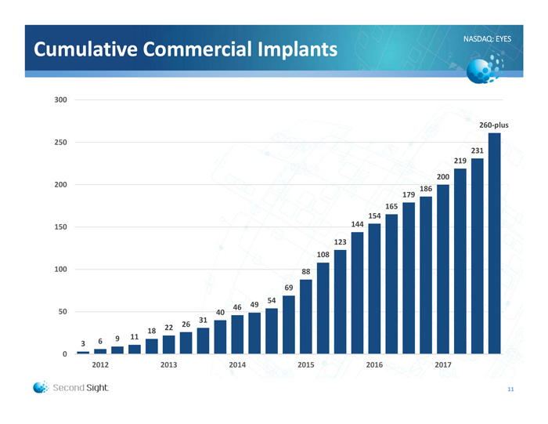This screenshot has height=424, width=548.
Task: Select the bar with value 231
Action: [477, 256]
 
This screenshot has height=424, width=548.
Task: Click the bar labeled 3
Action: [83, 353]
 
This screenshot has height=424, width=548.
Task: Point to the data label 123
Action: [340, 242]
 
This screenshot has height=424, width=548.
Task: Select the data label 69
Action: [289, 288]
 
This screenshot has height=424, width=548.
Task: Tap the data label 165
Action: [391, 206]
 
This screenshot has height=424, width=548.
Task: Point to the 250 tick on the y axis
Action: [59, 143]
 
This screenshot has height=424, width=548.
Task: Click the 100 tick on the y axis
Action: [59, 270]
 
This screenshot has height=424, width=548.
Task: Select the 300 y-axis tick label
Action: [59, 100]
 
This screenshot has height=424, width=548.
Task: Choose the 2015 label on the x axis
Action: [306, 365]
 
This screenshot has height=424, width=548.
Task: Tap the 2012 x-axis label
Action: [100, 365]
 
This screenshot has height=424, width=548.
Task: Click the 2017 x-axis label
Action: [443, 365]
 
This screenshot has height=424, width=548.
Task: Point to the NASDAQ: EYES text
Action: [487, 38]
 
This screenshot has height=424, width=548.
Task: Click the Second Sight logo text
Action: [81, 387]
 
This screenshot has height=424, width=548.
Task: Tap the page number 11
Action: [510, 390]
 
